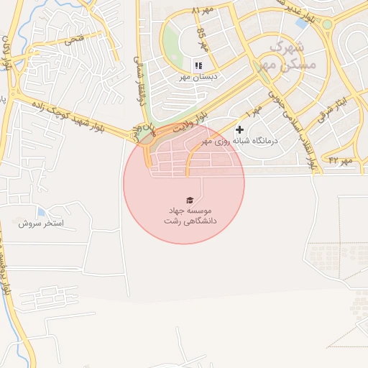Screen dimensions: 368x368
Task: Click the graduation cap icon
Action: coord(190,200)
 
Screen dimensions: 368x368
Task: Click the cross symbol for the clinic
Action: coord(239,129)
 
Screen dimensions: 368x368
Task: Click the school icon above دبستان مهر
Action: coord(198,65)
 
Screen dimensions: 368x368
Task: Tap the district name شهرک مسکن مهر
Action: coord(284,54)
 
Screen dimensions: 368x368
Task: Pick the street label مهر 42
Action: coord(341,160)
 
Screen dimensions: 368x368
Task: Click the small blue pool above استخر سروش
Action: coord(41,212)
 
